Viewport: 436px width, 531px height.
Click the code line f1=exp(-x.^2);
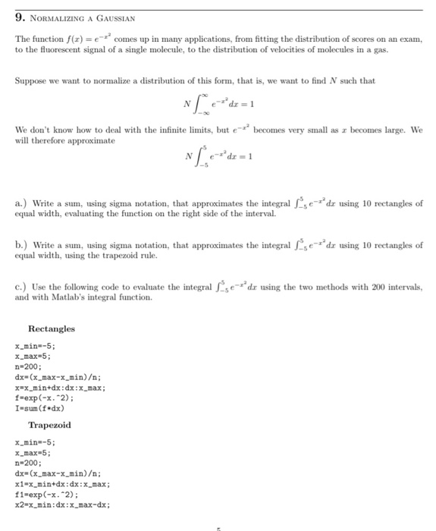click(46, 494)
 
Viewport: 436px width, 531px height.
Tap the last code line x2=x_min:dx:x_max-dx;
click(62, 504)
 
